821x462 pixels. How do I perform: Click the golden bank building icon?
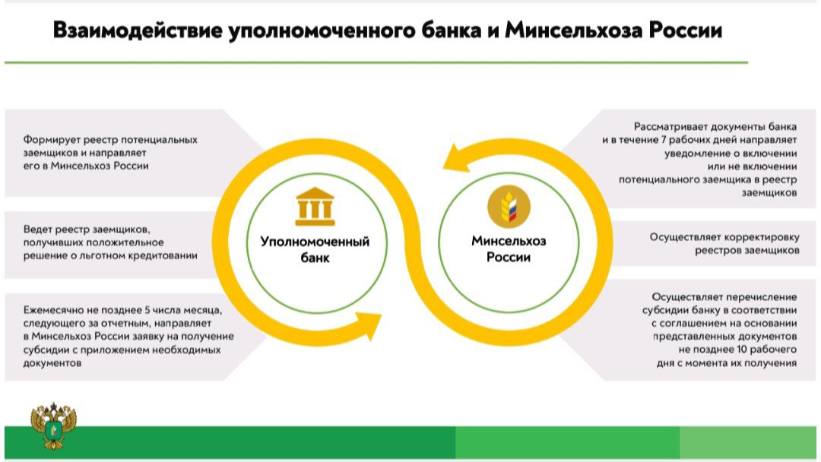click(x=315, y=207)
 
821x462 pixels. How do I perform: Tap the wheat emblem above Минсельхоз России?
click(x=509, y=207)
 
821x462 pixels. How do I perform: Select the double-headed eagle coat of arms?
click(x=53, y=426)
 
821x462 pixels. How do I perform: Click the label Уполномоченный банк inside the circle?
click(x=315, y=249)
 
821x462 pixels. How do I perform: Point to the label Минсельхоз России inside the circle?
click(x=509, y=249)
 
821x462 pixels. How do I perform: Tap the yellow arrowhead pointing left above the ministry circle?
click(x=456, y=159)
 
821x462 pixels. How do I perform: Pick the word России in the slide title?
click(x=686, y=30)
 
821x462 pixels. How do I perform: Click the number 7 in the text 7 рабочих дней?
click(x=664, y=140)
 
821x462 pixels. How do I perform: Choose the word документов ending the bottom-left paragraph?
click(x=52, y=363)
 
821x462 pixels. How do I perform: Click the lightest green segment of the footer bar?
click(x=748, y=442)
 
